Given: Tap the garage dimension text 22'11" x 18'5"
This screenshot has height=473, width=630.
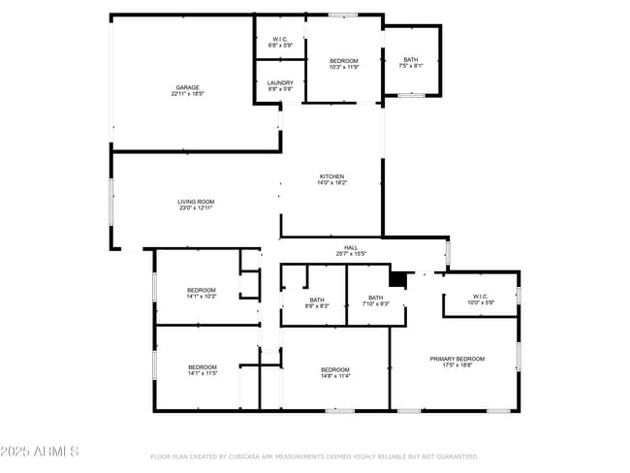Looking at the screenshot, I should [x=187, y=94].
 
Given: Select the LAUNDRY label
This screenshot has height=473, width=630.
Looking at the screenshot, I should [x=280, y=82].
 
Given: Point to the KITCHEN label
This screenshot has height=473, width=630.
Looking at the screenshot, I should [x=332, y=176].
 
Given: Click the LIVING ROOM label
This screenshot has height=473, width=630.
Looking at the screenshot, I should [x=195, y=202].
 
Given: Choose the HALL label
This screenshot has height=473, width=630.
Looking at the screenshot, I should [x=351, y=247].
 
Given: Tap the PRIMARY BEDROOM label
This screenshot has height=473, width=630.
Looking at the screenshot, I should [x=457, y=359].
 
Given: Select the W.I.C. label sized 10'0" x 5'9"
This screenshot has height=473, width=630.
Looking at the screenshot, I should [x=480, y=297].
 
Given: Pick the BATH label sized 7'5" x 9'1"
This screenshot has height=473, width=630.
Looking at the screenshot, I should [x=411, y=60].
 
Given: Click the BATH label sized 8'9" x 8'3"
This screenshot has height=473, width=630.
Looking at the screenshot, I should [x=317, y=300].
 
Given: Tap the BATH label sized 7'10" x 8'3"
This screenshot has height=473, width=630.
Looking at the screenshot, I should [x=375, y=298].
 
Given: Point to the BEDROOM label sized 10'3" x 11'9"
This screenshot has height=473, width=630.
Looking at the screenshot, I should [x=344, y=61].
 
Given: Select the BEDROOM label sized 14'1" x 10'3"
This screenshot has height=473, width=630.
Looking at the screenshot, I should [x=202, y=290].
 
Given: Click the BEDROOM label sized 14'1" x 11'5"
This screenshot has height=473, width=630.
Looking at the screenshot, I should [x=202, y=366].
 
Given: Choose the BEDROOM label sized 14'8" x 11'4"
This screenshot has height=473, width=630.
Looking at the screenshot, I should [x=335, y=369].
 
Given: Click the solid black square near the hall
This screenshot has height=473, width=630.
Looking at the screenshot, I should [x=395, y=278].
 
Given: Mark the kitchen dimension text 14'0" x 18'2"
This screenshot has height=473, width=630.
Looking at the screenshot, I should [x=332, y=183].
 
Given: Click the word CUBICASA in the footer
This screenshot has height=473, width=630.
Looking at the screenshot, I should [x=250, y=456].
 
